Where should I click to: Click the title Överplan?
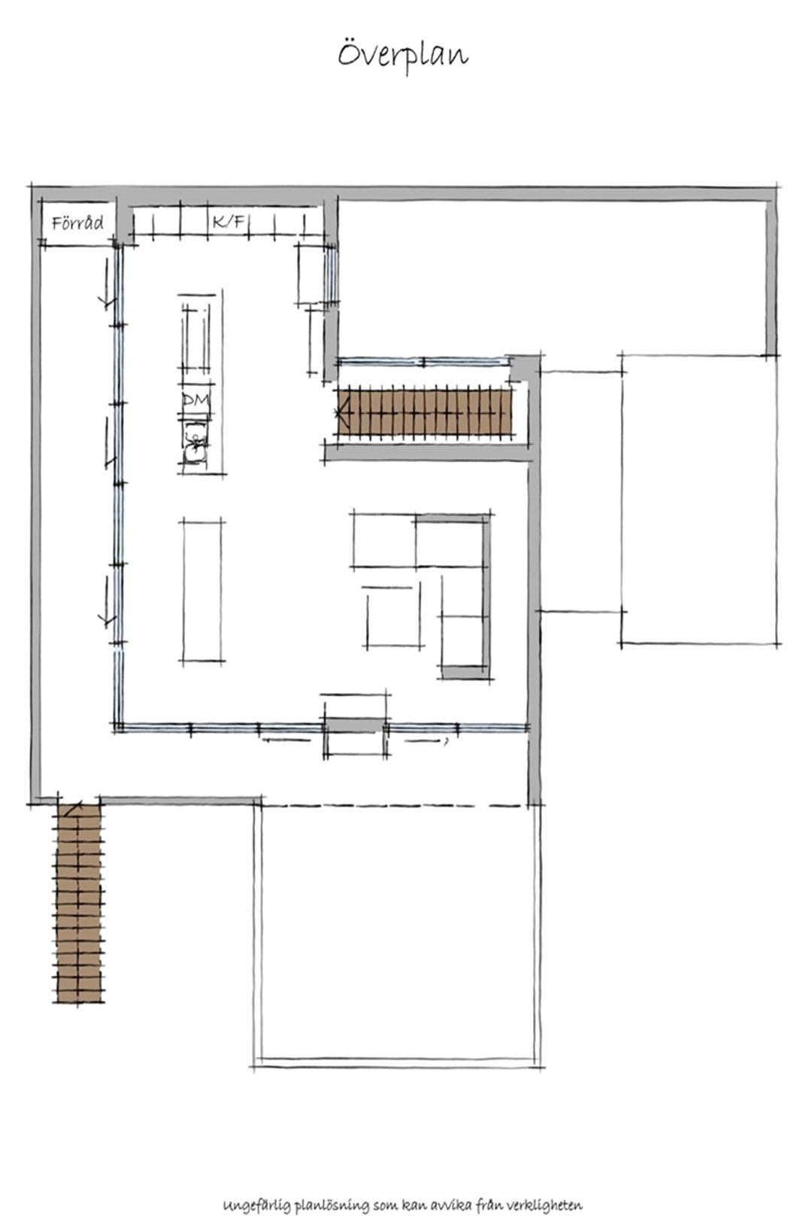click(403, 55)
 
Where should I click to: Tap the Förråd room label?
click(77, 223)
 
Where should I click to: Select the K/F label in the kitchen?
click(228, 221)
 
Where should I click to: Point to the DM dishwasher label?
click(195, 400)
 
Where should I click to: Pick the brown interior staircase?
click(425, 412)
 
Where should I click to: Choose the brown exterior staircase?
click(80, 903)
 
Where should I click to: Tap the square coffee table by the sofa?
click(393, 619)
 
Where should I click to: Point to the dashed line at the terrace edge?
click(393, 805)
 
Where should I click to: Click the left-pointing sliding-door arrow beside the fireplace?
click(286, 740)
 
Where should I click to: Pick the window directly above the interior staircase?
click(423, 362)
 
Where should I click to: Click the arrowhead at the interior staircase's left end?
click(342, 413)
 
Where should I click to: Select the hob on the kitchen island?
click(195, 339)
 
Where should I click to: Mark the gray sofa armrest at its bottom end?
click(462, 671)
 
